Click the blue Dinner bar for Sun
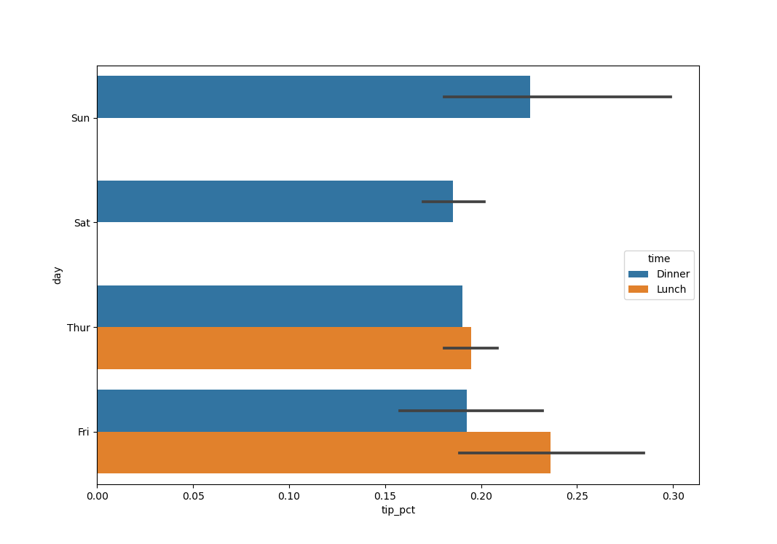(x=313, y=97)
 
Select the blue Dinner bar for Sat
(x=275, y=202)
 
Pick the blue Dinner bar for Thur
(x=279, y=306)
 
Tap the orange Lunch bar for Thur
(x=284, y=348)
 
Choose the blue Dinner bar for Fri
(x=281, y=411)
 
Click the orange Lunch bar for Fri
(x=323, y=452)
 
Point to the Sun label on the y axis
(x=80, y=118)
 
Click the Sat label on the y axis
(x=82, y=223)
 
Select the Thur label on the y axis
(x=79, y=328)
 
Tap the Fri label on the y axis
(x=83, y=432)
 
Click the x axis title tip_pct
(x=398, y=511)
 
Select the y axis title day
(x=58, y=275)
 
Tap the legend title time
(x=659, y=259)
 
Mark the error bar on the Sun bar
(x=557, y=97)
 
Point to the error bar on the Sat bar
(x=453, y=202)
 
